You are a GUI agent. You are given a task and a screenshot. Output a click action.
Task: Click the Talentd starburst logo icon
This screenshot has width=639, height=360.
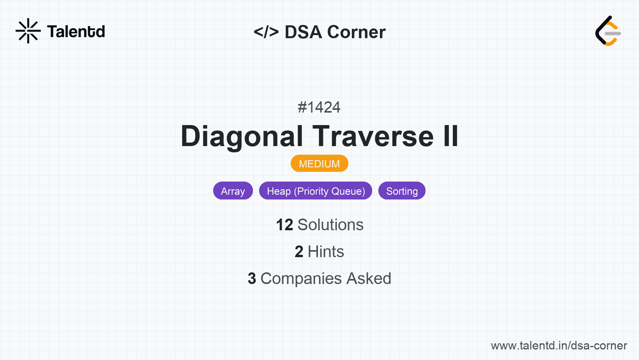pyautogui.click(x=28, y=31)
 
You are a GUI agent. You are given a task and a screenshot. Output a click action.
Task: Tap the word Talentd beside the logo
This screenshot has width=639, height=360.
pyautogui.click(x=76, y=32)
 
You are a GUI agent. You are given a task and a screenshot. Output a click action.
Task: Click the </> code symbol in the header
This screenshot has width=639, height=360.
pyautogui.click(x=266, y=32)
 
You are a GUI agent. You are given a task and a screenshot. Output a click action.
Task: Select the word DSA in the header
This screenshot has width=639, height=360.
pyautogui.click(x=303, y=32)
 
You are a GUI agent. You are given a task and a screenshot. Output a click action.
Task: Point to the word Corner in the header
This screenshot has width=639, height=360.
pyautogui.click(x=356, y=32)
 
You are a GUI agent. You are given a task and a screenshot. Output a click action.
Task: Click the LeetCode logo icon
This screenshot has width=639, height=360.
pyautogui.click(x=608, y=31)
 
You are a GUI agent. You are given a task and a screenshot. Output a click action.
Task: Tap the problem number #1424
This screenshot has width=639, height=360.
pyautogui.click(x=319, y=107)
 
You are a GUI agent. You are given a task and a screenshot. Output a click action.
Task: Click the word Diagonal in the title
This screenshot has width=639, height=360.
pyautogui.click(x=242, y=136)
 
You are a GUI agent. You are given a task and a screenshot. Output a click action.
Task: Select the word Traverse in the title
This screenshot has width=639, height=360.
pyautogui.click(x=373, y=136)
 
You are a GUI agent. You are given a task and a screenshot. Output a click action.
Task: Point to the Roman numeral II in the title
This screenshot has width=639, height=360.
pyautogui.click(x=451, y=136)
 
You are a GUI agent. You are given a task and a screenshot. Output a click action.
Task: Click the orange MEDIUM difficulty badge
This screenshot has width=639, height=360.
pyautogui.click(x=319, y=164)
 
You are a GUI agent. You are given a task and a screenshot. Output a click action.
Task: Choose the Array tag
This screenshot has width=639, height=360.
pyautogui.click(x=233, y=191)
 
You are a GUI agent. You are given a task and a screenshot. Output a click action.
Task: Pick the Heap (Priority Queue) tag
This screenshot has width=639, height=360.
pyautogui.click(x=316, y=191)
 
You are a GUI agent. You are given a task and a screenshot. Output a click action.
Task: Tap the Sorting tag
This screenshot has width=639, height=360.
pyautogui.click(x=402, y=191)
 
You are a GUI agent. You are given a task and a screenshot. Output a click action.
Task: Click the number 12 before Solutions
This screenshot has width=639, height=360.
pyautogui.click(x=284, y=225)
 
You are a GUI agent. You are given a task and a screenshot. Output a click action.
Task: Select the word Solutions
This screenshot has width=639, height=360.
pyautogui.click(x=331, y=225)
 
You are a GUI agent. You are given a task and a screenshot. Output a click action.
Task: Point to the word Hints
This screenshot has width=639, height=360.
pyautogui.click(x=326, y=252)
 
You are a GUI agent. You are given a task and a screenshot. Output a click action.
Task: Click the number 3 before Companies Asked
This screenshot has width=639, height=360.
pyautogui.click(x=252, y=279)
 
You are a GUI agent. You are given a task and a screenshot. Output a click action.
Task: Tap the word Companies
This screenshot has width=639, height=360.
pyautogui.click(x=301, y=279)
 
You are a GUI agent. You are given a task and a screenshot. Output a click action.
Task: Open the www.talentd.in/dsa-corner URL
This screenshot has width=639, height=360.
pyautogui.click(x=559, y=346)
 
